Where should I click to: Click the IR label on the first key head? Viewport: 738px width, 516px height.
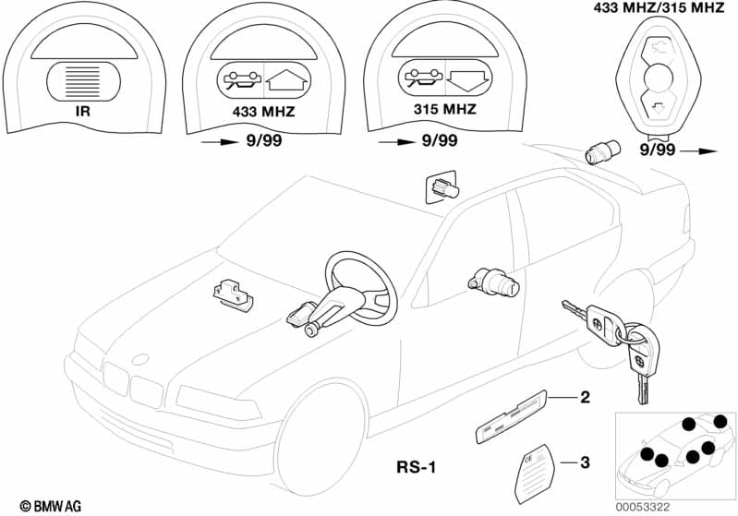(83, 112)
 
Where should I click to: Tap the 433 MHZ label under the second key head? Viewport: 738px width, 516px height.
(263, 112)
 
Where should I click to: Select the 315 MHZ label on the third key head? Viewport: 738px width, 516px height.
(445, 109)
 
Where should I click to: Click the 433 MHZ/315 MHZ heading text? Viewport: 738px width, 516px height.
(659, 7)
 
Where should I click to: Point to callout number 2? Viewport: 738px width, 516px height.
(585, 398)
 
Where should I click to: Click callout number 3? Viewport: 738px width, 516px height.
(585, 462)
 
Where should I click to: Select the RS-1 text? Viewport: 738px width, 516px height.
(417, 467)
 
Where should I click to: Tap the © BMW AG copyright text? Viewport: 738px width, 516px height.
(51, 506)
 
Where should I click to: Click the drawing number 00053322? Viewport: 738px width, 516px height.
(643, 507)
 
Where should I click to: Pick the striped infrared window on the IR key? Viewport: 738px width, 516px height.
(83, 81)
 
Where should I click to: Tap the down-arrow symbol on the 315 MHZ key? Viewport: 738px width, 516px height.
(468, 79)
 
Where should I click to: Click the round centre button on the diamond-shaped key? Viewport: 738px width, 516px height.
(658, 77)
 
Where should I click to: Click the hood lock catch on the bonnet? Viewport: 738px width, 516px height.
(233, 295)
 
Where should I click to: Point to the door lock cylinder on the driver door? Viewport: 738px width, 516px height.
(494, 282)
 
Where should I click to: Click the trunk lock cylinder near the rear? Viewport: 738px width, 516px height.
(602, 151)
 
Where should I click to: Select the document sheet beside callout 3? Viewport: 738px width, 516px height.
(535, 474)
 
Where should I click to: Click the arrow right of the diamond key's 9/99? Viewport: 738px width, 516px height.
(698, 151)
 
